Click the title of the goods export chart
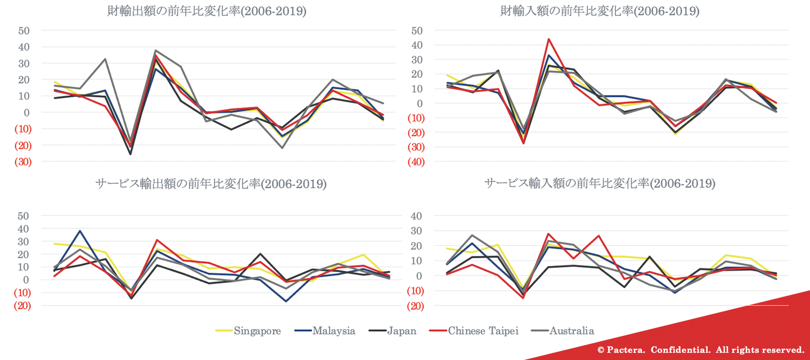[206, 11]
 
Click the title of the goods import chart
[600, 11]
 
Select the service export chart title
[211, 184]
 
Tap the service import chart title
[600, 184]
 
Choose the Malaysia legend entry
[334, 331]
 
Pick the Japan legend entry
[401, 331]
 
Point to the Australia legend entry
[571, 331]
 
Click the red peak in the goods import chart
[548, 39]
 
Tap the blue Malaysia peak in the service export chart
[80, 231]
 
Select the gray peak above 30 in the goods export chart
[155, 51]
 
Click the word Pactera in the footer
[624, 350]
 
